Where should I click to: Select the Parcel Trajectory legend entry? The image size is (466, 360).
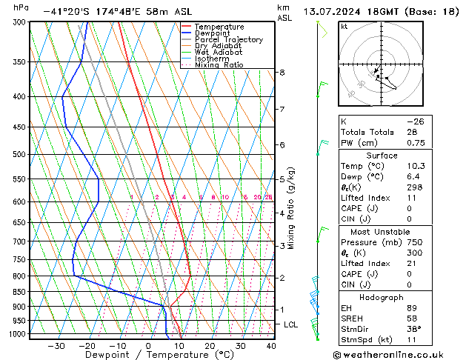point(228,40)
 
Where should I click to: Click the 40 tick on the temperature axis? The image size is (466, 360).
point(271,346)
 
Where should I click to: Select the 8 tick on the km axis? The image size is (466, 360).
point(282,72)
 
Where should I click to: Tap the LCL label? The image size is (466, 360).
point(291,324)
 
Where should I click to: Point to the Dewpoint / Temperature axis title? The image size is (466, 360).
point(149,356)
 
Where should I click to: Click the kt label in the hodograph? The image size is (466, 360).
point(344,27)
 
